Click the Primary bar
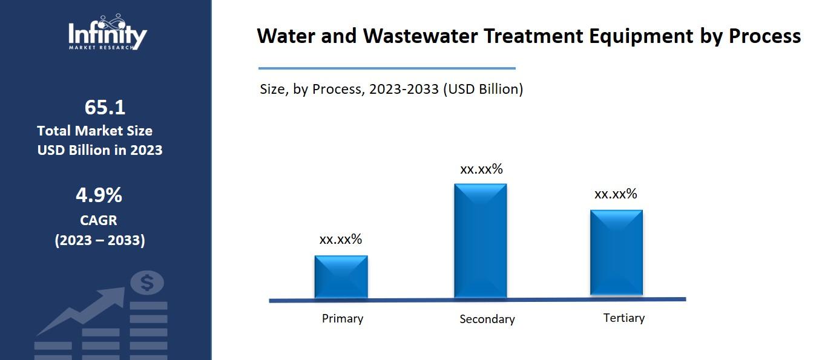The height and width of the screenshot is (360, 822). [341, 277]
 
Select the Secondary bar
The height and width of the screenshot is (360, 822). [480, 241]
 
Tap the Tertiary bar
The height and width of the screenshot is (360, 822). [616, 253]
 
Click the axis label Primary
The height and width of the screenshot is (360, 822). [342, 318]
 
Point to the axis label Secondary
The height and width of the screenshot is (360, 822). [487, 319]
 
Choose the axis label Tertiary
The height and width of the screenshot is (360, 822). [623, 318]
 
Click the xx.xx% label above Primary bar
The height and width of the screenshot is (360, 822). [340, 239]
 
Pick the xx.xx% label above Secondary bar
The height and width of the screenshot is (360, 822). [481, 169]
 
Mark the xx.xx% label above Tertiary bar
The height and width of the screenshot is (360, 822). [616, 194]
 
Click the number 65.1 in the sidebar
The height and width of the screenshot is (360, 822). [105, 107]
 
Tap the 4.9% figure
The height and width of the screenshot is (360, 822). [99, 195]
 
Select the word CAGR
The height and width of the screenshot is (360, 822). [99, 220]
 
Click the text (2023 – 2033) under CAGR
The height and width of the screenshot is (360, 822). [100, 240]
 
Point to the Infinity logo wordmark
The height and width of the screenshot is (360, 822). [107, 34]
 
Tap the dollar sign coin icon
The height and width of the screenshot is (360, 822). [147, 283]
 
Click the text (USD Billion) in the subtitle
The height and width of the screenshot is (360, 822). [483, 89]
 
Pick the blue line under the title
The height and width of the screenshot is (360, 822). [387, 68]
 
